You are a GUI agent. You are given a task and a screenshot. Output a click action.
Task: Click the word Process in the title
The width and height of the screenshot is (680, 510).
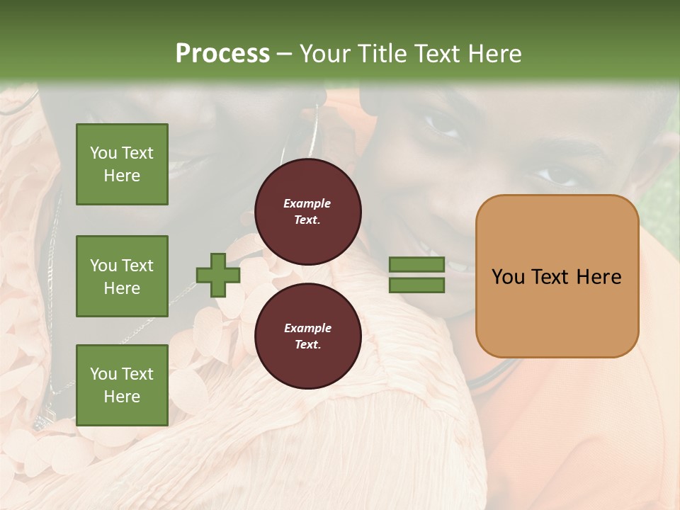(222, 54)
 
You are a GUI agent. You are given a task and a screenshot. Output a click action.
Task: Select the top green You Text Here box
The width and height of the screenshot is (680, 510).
(122, 164)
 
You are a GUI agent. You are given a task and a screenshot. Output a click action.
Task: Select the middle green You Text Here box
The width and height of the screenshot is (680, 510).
(122, 276)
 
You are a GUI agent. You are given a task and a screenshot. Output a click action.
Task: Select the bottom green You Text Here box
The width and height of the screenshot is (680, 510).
(122, 385)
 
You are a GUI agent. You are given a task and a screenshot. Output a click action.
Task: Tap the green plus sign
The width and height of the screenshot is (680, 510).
(218, 276)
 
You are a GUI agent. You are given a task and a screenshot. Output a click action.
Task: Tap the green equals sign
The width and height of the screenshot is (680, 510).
(416, 275)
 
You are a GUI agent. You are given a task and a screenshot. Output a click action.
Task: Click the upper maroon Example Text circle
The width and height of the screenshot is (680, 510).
(308, 212)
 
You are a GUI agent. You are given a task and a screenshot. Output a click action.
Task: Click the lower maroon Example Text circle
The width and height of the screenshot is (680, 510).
(308, 336)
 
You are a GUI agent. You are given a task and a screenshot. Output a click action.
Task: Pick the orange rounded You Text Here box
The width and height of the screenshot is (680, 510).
(557, 276)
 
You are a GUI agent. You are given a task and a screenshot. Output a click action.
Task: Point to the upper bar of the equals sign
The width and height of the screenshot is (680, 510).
(416, 264)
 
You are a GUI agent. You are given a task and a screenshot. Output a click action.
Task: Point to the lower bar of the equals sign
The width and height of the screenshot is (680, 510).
(416, 285)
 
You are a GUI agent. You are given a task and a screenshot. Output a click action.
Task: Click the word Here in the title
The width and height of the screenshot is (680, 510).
(495, 54)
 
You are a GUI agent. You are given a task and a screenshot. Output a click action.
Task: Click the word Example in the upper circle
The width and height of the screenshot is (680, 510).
(307, 203)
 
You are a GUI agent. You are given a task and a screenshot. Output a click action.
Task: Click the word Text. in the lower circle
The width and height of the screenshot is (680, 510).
(307, 345)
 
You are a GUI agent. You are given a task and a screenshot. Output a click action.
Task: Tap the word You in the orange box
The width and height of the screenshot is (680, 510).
(508, 277)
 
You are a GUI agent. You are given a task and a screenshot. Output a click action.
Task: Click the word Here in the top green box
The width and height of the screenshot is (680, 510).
(122, 176)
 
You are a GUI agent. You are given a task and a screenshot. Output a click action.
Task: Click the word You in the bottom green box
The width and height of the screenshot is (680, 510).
(103, 374)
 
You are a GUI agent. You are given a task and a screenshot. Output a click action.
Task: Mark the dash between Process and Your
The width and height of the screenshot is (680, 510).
(284, 55)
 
